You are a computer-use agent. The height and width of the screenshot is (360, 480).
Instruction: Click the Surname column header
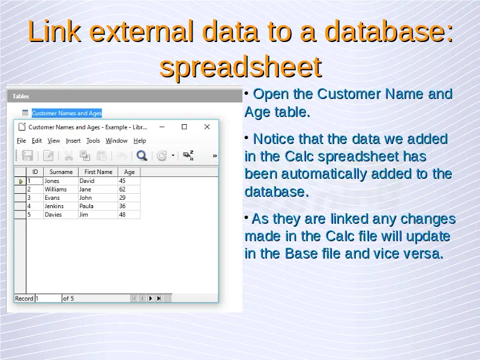[61, 172]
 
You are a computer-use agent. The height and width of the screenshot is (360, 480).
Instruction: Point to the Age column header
[129, 172]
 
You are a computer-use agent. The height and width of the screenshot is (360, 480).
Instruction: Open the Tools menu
[93, 140]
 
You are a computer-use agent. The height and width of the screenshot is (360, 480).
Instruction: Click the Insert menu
[73, 140]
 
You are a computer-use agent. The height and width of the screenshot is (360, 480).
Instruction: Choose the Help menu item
[140, 140]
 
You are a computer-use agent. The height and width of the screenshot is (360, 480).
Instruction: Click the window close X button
[207, 127]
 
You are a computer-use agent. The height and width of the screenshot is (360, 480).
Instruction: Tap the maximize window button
[184, 127]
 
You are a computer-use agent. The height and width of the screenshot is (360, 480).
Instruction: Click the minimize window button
[162, 127]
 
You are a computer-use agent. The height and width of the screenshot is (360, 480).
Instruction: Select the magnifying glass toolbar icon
[142, 155]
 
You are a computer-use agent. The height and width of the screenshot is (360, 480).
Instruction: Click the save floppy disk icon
[27, 155]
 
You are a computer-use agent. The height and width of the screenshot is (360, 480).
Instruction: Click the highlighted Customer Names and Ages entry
[67, 113]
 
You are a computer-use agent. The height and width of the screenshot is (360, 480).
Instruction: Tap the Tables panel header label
[21, 96]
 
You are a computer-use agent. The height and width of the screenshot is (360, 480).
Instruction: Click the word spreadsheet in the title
[241, 67]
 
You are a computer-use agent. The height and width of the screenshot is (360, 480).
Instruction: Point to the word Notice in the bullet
[274, 139]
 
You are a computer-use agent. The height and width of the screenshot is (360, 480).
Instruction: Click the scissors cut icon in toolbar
[68, 155]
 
